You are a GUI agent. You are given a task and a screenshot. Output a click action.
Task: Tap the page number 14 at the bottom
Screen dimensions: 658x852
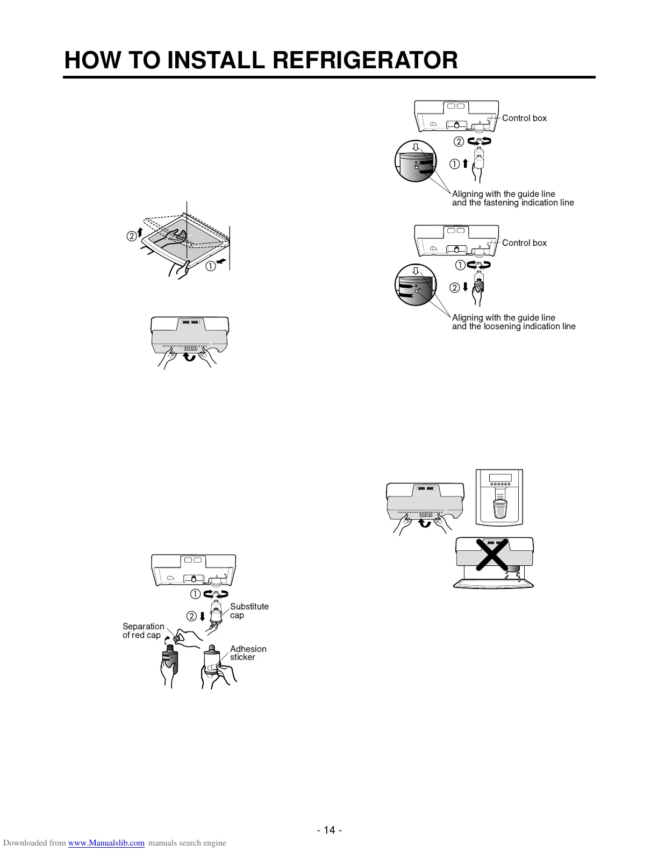pos(329,830)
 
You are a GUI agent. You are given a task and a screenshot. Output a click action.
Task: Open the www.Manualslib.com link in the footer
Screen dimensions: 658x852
pos(106,843)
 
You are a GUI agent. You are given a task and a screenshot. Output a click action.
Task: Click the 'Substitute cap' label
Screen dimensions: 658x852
pos(249,610)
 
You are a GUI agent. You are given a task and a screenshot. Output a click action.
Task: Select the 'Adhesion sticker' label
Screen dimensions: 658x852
pos(248,653)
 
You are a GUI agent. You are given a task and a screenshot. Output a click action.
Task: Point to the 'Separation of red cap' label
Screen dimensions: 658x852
pos(143,630)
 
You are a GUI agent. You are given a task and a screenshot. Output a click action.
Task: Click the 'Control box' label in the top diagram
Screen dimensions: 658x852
pos(524,118)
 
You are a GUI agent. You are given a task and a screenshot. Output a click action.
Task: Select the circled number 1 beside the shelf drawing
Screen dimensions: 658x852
pos(210,265)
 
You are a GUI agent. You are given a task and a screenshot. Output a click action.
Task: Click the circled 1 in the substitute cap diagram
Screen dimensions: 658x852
pos(195,594)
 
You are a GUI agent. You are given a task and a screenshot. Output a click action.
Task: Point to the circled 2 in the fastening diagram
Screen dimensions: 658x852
pos(459,142)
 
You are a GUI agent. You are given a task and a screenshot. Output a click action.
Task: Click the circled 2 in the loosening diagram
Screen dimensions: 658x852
pos(454,287)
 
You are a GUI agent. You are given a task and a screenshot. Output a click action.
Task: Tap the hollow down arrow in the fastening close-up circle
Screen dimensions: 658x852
pos(415,147)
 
